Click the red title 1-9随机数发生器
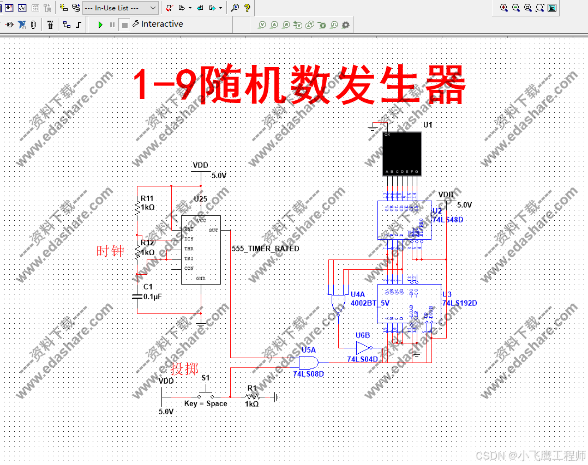pos(299,86)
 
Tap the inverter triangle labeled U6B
pos(363,348)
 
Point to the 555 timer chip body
pos(201,253)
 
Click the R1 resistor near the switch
pos(252,397)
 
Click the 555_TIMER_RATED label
pos(265,249)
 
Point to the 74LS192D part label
pos(459,303)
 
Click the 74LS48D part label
pos(448,220)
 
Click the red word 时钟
pos(110,251)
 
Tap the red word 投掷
pos(184,369)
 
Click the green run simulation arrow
pos(100,25)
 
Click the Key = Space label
pos(206,404)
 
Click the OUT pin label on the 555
pos(213,231)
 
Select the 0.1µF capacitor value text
pos(153,297)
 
